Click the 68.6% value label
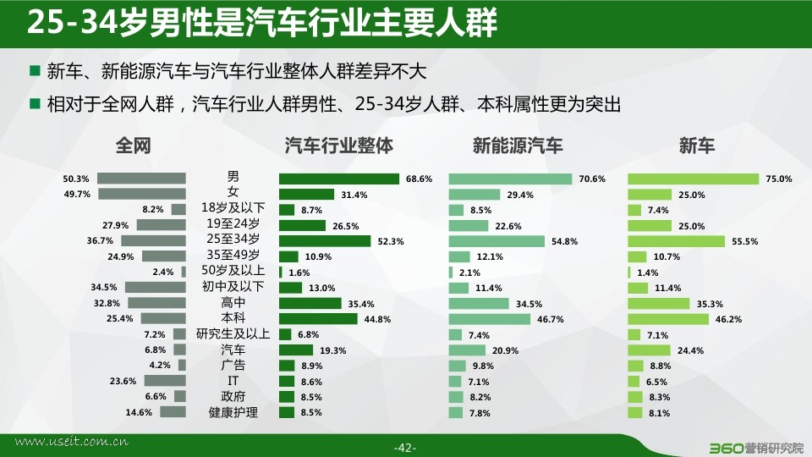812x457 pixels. click(419, 179)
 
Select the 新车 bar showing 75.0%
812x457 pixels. click(694, 179)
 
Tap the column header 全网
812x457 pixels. click(133, 146)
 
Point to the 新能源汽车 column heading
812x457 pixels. click(518, 146)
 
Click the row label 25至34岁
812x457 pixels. click(233, 239)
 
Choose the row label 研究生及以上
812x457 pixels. click(233, 334)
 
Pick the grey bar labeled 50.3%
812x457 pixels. click(141, 179)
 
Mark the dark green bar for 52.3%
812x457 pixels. click(325, 241)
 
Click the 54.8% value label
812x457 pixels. click(564, 241)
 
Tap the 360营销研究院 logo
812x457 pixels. click(755, 448)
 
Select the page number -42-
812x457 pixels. click(405, 448)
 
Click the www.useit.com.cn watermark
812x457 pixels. click(71, 442)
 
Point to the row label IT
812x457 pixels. click(233, 381)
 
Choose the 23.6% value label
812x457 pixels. click(123, 382)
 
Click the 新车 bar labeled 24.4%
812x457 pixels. click(649, 350)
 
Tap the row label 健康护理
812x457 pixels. click(233, 412)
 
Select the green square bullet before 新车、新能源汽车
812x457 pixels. click(36, 70)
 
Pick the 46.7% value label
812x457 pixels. click(550, 319)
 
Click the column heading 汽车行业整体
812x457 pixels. click(338, 146)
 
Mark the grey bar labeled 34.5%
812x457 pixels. click(156, 288)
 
